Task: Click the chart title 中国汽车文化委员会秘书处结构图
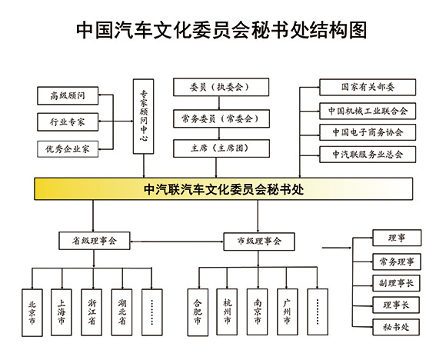tap(223, 29)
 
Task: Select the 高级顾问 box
tap(68, 96)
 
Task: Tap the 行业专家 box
tap(68, 122)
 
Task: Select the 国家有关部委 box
tap(367, 87)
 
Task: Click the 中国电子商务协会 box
tap(367, 132)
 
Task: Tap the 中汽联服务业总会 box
tap(367, 154)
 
